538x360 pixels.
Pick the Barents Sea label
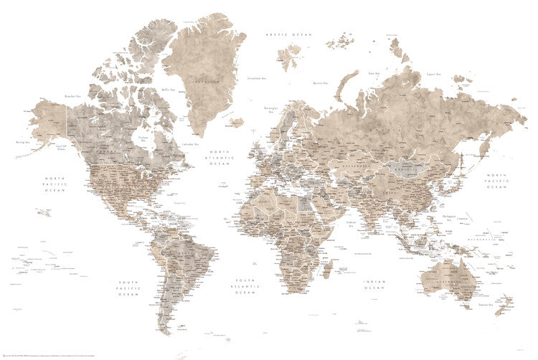[x=320, y=83]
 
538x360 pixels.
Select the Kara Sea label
[x=374, y=72]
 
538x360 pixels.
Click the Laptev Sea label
[x=433, y=74]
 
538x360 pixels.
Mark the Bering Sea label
[x=22, y=143]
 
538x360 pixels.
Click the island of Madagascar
[x=326, y=270]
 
